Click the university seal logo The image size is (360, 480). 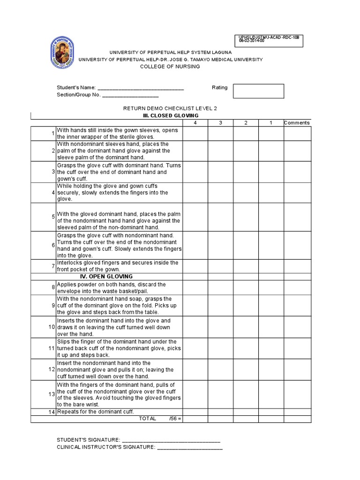(x=62, y=53)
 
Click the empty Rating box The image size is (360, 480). (x=258, y=91)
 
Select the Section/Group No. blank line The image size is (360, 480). (x=127, y=95)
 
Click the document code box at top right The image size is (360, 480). (x=270, y=41)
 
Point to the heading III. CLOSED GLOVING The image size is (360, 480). (x=171, y=115)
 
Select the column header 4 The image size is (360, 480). (x=195, y=123)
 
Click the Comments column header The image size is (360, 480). (x=297, y=123)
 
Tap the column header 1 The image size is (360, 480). (x=270, y=123)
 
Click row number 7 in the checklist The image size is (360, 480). (x=53, y=266)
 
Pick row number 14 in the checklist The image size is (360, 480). (x=52, y=412)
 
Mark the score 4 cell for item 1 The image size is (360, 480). (x=195, y=134)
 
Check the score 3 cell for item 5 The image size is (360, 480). (x=220, y=217)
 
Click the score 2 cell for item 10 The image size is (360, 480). (x=246, y=327)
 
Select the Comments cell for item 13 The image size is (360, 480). (x=297, y=394)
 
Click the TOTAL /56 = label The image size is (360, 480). (x=160, y=419)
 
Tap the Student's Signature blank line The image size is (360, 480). (x=171, y=440)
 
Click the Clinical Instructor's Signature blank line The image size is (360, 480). (x=190, y=448)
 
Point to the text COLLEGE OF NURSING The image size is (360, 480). (x=170, y=67)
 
